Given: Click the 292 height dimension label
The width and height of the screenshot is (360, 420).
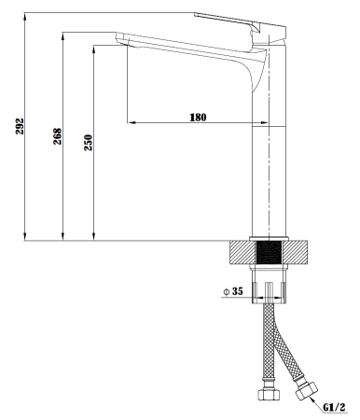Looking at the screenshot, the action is [x=20, y=126].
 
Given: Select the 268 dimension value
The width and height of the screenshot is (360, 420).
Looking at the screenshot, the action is [x=58, y=136].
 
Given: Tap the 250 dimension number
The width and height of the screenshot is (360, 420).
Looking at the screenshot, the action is [x=89, y=143].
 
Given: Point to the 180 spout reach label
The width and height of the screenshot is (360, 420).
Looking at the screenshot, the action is [x=198, y=118].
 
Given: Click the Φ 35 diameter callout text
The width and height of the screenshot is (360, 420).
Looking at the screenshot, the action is [x=233, y=291].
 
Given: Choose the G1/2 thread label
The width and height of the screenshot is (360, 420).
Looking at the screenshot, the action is [x=334, y=407].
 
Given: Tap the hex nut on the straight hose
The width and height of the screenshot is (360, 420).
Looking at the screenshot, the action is [x=269, y=393].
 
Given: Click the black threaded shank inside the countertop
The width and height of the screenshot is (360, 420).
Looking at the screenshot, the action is [x=269, y=252].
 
